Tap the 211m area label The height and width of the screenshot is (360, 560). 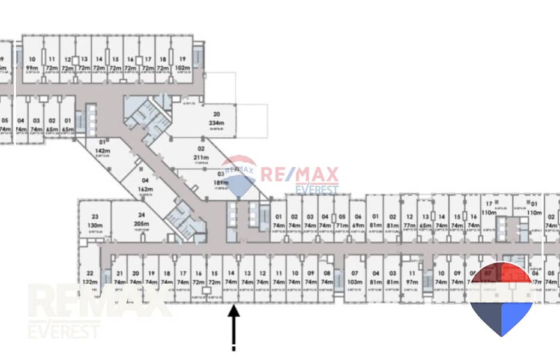point(200,158)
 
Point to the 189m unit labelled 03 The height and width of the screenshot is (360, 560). point(221,182)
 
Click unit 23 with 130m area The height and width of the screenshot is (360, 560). point(95,221)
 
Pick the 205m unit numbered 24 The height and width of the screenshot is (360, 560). point(142,221)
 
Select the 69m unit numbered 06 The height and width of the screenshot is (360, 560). point(358,221)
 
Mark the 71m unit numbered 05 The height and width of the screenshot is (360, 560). point(342,221)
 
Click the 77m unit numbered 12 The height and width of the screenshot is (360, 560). point(409,221)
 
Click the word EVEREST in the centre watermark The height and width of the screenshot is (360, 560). point(317,190)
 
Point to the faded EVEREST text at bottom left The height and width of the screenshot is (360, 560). point(65,331)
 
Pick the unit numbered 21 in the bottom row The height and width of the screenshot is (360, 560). point(119,278)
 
